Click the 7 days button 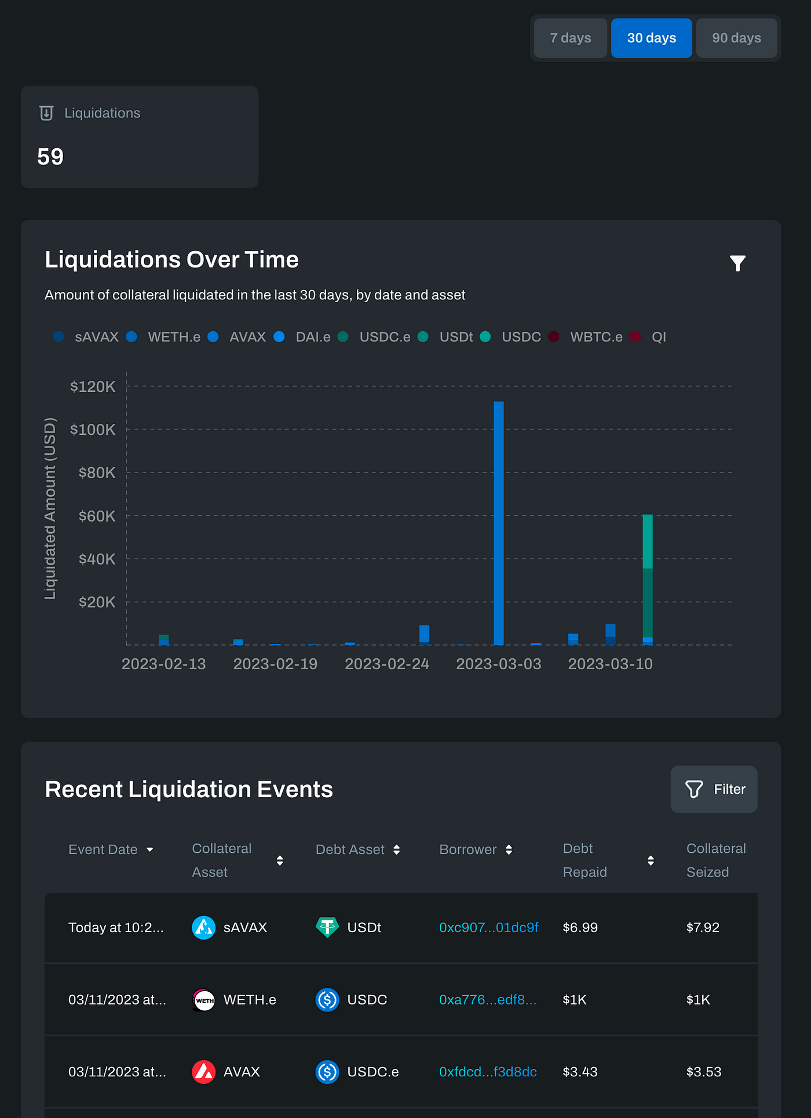570,38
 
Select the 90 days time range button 736,38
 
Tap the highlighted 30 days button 651,38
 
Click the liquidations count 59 50,157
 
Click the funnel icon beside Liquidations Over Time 737,263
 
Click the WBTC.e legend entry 596,337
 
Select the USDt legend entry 455,337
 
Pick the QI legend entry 658,337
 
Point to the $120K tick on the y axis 93,387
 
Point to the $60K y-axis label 97,516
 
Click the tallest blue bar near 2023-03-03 498,521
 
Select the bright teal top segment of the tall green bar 648,541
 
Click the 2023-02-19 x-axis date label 275,664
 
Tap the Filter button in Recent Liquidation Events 714,789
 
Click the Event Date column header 103,849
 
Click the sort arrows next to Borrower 509,849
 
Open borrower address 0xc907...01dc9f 488,928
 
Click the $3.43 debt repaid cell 580,1072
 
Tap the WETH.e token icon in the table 203,1000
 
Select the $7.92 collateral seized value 703,928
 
